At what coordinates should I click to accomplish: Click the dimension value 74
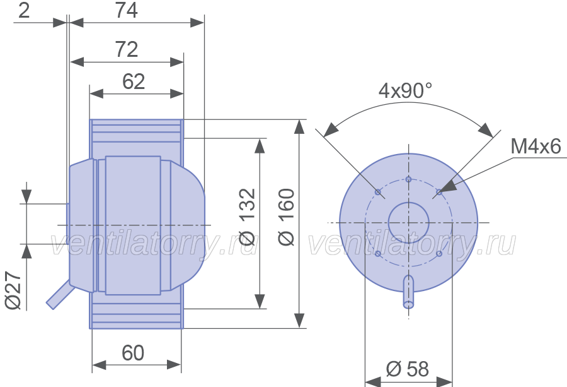(126, 11)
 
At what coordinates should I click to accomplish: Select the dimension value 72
(126, 49)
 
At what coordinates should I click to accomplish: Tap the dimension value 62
(134, 81)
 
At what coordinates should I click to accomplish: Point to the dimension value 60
(133, 353)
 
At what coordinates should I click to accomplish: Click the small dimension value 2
(24, 11)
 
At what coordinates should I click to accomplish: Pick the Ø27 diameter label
(14, 290)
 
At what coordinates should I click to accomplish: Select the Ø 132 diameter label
(248, 217)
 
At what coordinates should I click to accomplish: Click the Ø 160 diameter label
(287, 217)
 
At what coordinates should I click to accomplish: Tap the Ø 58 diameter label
(408, 369)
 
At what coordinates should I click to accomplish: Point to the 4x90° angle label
(405, 90)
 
